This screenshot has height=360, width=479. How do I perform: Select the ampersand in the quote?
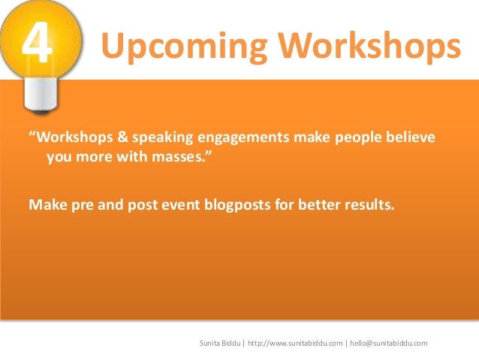pyautogui.click(x=119, y=139)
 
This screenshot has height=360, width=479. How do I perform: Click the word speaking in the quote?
pyautogui.click(x=159, y=139)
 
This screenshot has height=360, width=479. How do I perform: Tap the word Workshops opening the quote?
pyautogui.click(x=71, y=139)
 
